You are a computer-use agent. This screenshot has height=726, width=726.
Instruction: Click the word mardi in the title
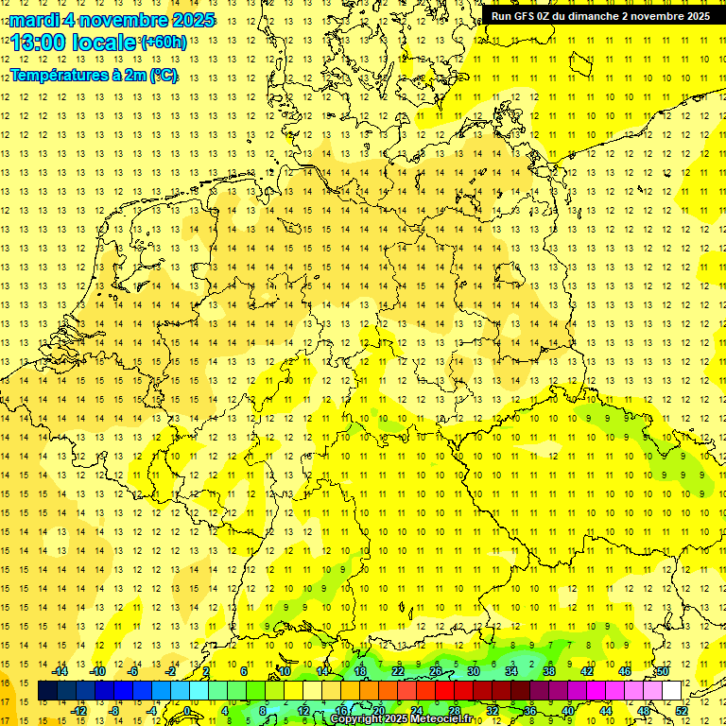(38, 20)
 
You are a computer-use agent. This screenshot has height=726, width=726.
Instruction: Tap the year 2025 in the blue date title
(188, 20)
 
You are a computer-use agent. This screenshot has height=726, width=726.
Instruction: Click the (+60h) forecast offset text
(164, 43)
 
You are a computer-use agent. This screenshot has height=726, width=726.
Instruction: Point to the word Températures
(57, 76)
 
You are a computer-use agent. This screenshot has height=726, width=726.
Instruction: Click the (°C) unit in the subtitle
(162, 76)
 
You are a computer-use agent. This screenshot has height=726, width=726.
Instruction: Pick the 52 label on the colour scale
(682, 711)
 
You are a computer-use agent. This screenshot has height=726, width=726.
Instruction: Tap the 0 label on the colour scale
(188, 711)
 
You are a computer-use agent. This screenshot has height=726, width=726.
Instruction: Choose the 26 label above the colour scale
(436, 671)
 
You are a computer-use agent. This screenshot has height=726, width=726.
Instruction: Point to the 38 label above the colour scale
(548, 671)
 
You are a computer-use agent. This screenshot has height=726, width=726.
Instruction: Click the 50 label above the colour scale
(663, 671)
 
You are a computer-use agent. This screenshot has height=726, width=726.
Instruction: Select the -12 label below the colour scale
(78, 711)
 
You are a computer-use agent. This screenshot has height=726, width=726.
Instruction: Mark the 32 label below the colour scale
(493, 711)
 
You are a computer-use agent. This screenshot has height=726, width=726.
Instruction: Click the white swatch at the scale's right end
(672, 691)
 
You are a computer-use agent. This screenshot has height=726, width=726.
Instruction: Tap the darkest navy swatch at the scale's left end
(47, 691)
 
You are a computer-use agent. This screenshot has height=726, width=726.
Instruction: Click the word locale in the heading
(103, 43)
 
